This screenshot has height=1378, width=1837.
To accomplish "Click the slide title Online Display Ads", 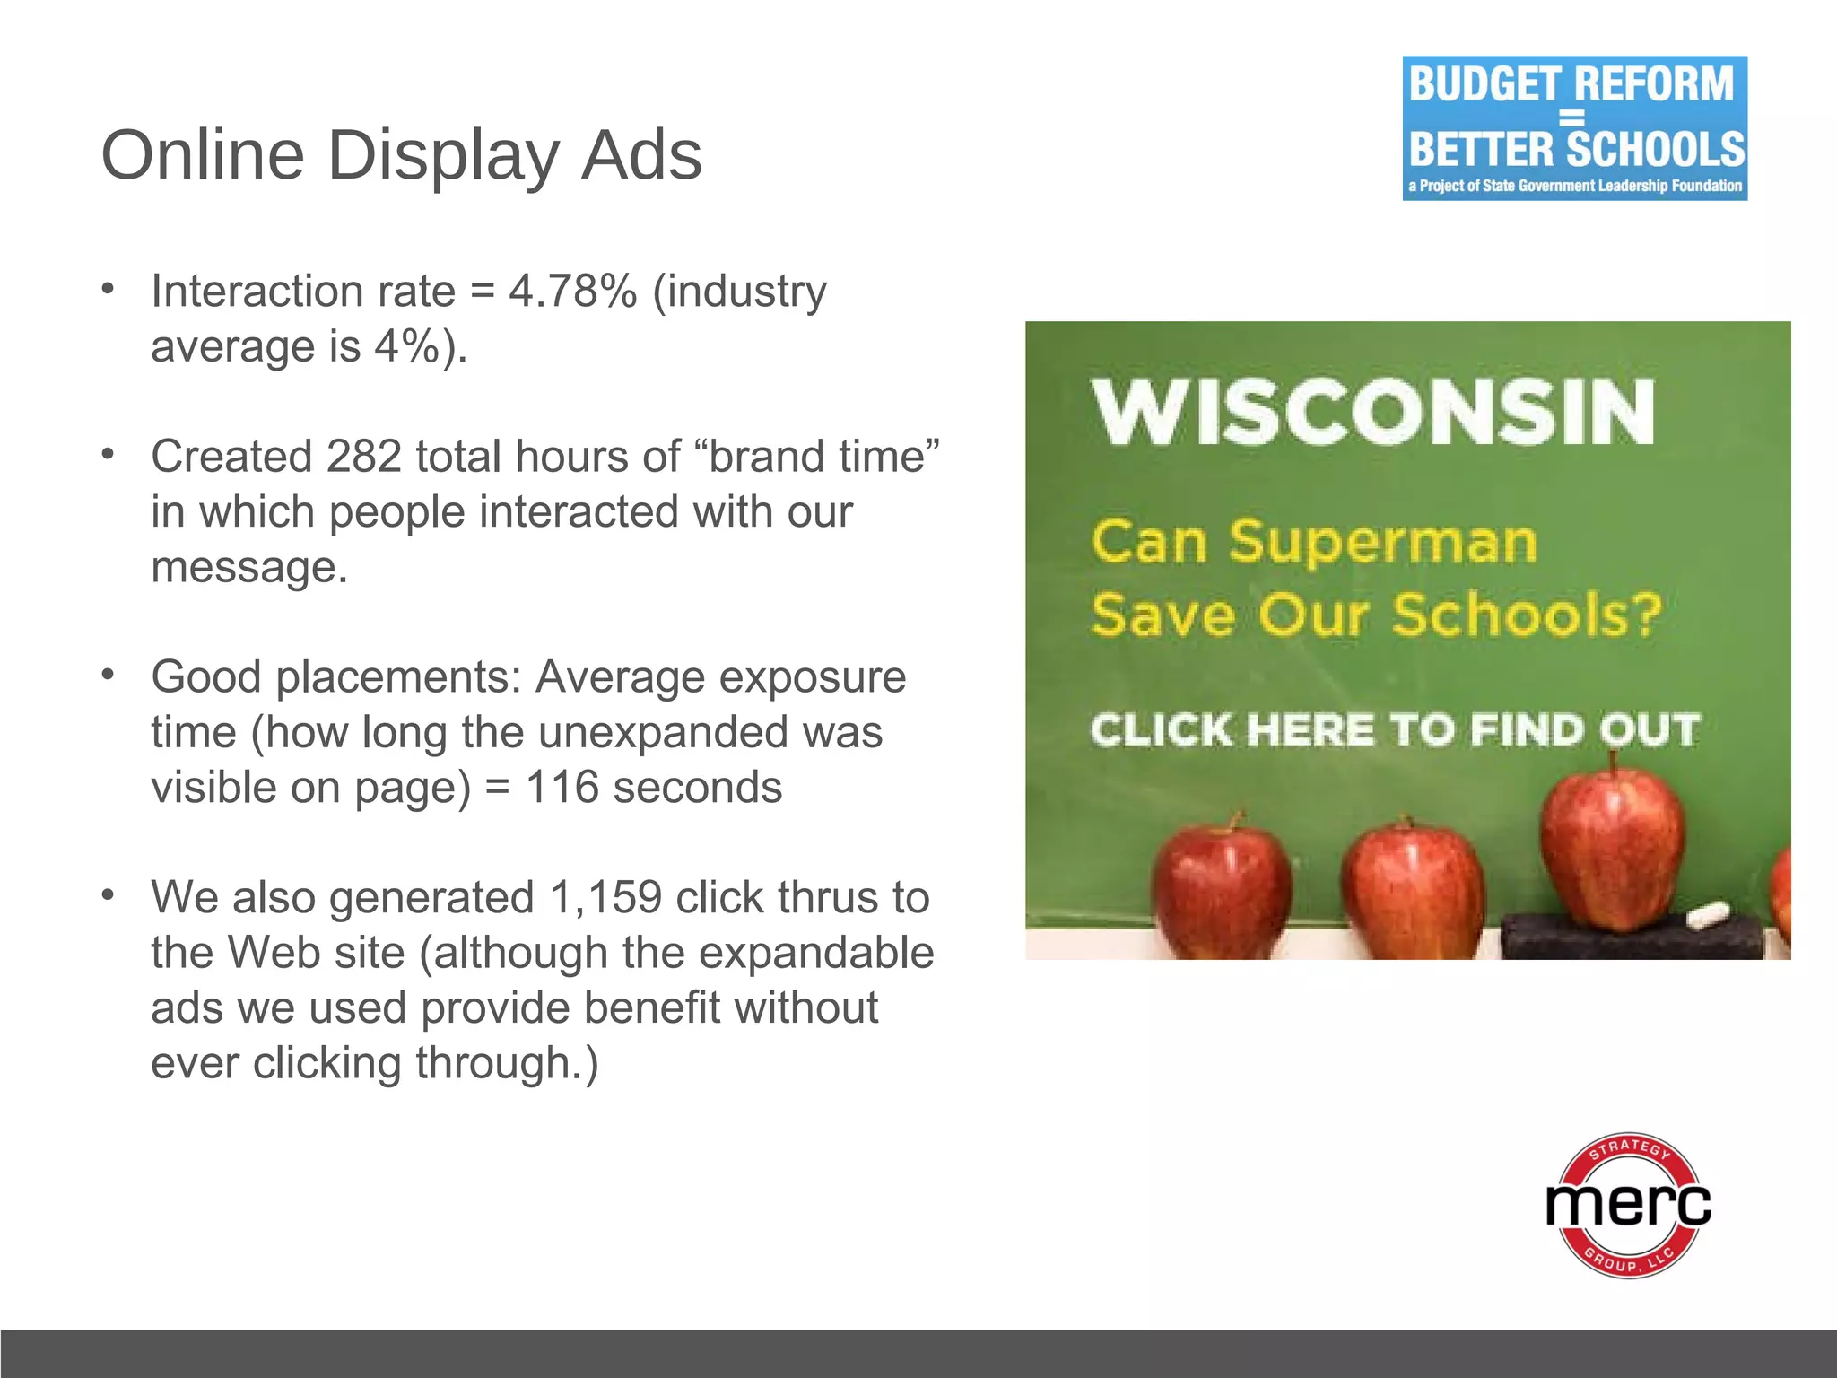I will click(401, 154).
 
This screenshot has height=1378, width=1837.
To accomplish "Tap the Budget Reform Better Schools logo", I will click(1574, 128).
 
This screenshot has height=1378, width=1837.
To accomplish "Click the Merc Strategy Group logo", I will click(1628, 1204).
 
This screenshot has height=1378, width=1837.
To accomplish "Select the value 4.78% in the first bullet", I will click(572, 292).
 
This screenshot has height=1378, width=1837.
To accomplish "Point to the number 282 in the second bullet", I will click(363, 457).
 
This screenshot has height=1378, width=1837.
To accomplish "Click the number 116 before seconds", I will click(562, 788).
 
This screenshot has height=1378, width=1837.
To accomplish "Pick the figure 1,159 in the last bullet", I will click(605, 898).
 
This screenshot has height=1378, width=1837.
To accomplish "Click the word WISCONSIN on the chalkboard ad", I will click(1372, 413).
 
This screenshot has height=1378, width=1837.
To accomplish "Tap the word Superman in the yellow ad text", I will click(1382, 543).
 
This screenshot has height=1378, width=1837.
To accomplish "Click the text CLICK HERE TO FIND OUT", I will click(1395, 728).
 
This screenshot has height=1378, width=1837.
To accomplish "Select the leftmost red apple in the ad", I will click(1222, 884).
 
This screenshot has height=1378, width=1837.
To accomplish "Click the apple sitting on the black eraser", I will click(1612, 848).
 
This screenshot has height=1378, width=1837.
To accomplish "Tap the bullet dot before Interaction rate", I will click(108, 289).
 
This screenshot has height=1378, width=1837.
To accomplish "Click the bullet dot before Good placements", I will click(108, 674).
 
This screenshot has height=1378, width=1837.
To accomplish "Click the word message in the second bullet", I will click(249, 567).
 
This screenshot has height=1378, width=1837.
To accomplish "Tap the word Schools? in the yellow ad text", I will click(1526, 615).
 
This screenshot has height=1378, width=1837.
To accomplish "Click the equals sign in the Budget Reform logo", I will click(1571, 118).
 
